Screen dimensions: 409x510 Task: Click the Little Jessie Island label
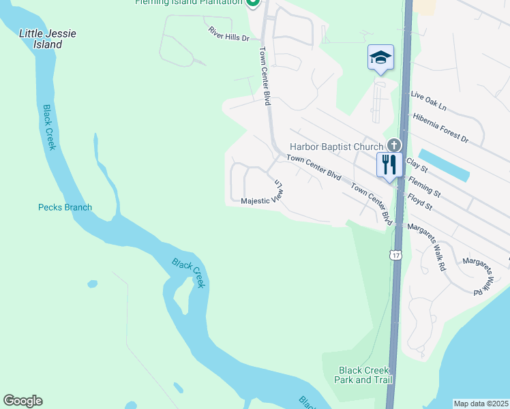(x=47, y=39)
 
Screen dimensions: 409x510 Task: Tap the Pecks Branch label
(x=65, y=207)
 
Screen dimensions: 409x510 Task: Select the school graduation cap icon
(x=380, y=57)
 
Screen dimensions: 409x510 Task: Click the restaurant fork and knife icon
(x=389, y=165)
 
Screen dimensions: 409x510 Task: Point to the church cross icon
(x=393, y=145)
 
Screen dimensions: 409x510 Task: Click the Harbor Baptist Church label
(x=336, y=147)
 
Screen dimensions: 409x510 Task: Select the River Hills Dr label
(x=229, y=34)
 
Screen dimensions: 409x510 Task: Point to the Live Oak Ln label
(x=429, y=103)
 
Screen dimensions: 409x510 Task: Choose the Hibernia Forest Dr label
(x=440, y=127)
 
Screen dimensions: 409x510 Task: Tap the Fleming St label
(x=424, y=188)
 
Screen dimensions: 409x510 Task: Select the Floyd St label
(x=421, y=203)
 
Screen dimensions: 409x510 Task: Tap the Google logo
(x=22, y=401)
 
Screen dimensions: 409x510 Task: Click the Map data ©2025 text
(x=481, y=404)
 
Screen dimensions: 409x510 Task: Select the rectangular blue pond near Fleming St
(x=443, y=165)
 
